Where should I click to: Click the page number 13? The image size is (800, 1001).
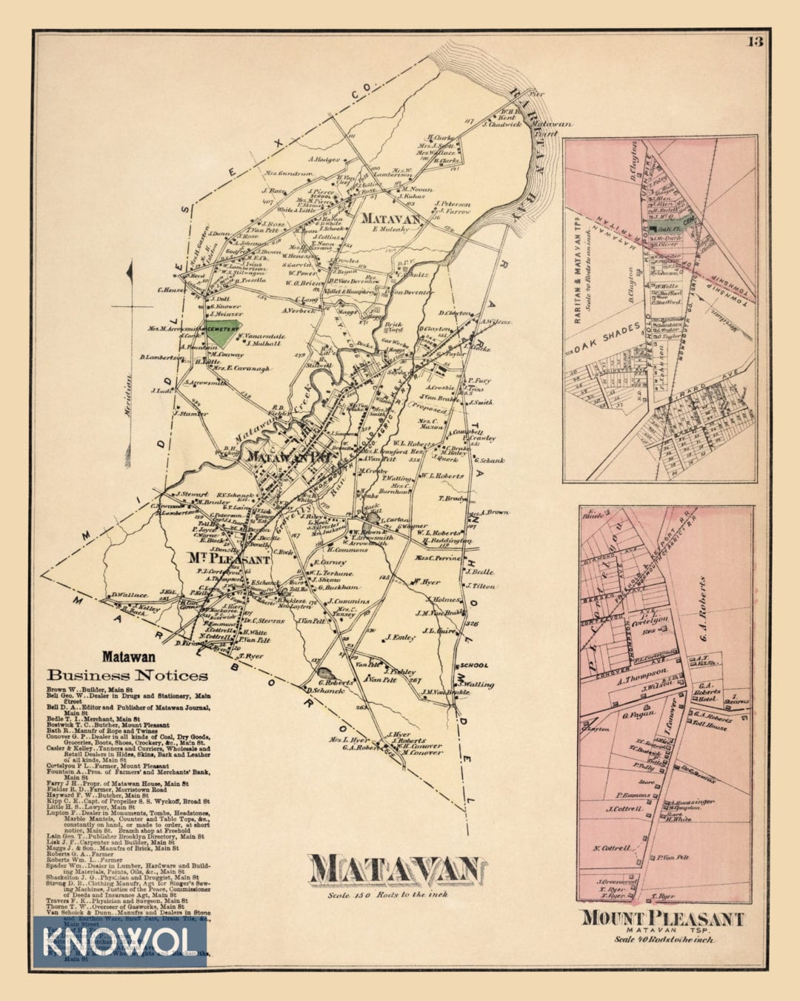click(x=755, y=41)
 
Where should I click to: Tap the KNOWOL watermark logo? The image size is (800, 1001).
click(x=119, y=942)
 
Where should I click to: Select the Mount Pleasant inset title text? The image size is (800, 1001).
click(x=662, y=918)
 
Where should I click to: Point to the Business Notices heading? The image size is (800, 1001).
click(x=127, y=675)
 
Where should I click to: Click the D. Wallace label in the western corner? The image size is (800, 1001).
click(x=127, y=594)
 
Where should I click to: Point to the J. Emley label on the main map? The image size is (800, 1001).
click(x=400, y=637)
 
